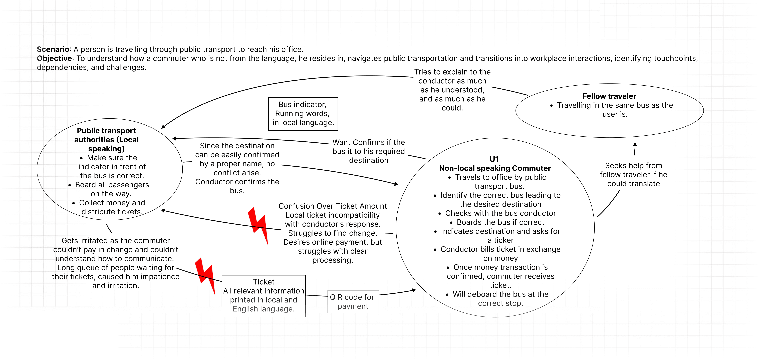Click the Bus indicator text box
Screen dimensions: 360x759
[303, 114]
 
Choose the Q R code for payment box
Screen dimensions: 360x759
[353, 302]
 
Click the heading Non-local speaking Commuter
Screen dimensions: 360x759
[495, 168]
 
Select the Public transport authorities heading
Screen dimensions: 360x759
[106, 140]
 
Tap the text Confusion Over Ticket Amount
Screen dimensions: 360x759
[332, 206]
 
